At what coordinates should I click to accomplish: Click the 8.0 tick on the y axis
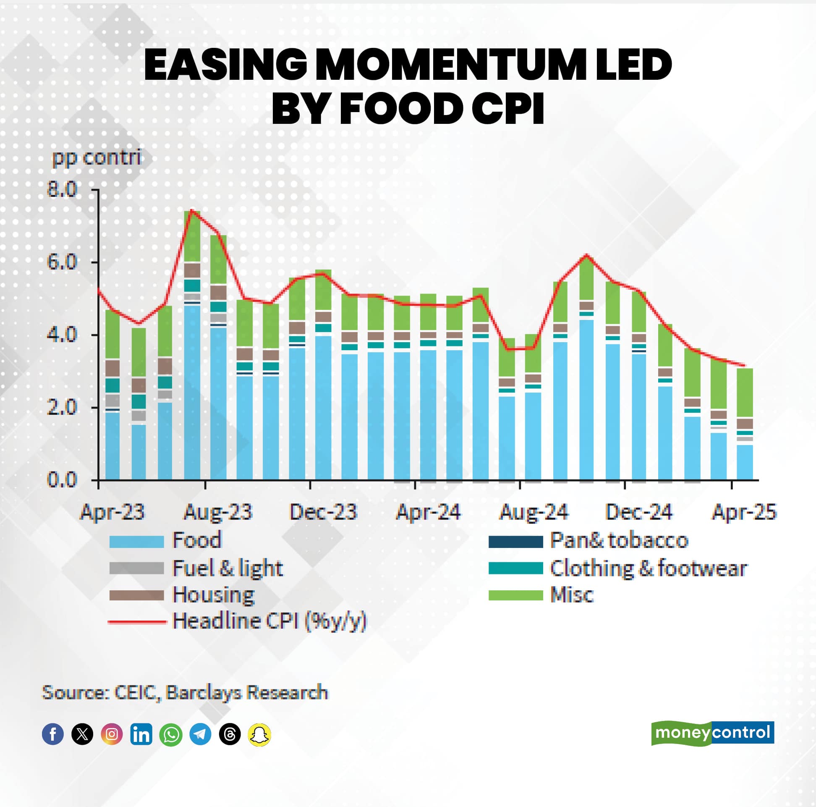point(62,189)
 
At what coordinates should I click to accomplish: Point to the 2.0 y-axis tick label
point(62,407)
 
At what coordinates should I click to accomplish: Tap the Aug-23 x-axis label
point(217,512)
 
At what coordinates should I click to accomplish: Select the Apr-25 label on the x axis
point(744,512)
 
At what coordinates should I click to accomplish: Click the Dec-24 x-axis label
point(638,512)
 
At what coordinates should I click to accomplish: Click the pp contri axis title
point(96,157)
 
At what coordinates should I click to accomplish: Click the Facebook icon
point(53,734)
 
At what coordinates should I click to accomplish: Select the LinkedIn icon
point(141,734)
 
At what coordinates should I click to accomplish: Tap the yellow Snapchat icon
point(259,734)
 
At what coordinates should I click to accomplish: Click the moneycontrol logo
point(712,733)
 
